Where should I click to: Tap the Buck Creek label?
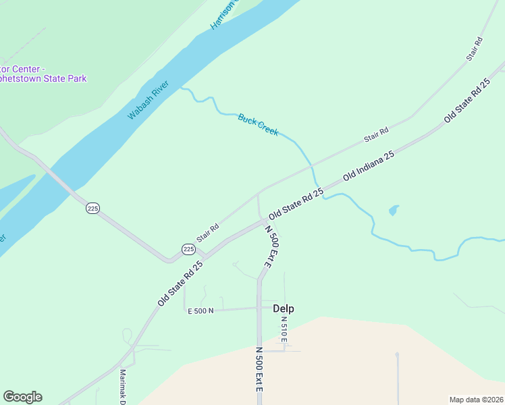pos(258,124)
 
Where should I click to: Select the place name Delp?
pos(284,308)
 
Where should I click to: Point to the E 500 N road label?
pos(200,310)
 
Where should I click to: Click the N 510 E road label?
pos(284,329)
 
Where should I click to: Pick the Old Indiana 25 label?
pos(368,165)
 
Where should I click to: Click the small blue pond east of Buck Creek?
pos(393,211)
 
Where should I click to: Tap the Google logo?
pos(22,397)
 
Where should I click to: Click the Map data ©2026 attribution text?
pos(476,400)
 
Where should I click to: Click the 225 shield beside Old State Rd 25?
pos(188,250)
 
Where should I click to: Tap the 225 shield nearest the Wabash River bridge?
pos(92,209)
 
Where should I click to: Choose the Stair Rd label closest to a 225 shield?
pos(207,233)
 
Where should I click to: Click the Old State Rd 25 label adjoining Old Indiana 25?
pos(296,203)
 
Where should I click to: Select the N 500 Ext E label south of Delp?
pos(259,375)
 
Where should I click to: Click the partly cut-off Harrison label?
pos(225,15)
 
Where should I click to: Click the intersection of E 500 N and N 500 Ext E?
pos(259,308)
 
